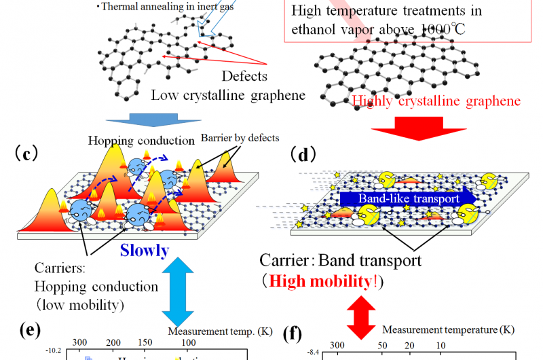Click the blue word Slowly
coord(145,251)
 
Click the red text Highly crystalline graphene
coord(436,101)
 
